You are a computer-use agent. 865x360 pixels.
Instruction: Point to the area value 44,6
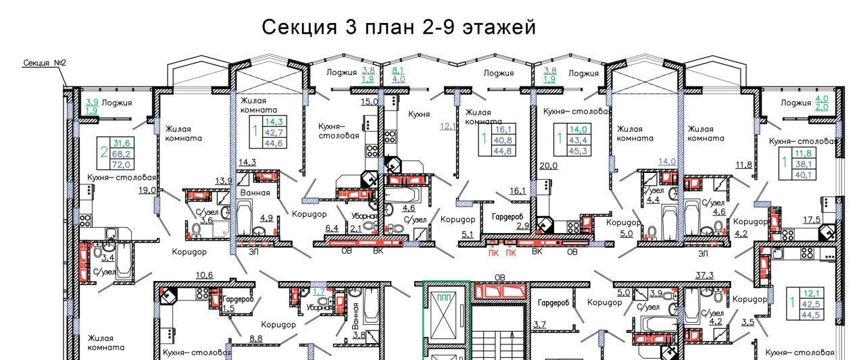(273, 143)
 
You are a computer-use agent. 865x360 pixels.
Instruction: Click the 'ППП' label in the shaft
(444, 297)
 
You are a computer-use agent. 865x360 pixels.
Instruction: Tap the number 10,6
(204, 274)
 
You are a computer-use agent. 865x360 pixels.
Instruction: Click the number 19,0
(147, 190)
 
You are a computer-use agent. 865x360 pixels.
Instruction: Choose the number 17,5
(812, 220)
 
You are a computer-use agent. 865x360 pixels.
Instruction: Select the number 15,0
(369, 101)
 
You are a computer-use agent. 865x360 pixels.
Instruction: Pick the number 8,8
(256, 338)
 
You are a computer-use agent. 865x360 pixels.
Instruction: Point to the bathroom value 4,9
(266, 217)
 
